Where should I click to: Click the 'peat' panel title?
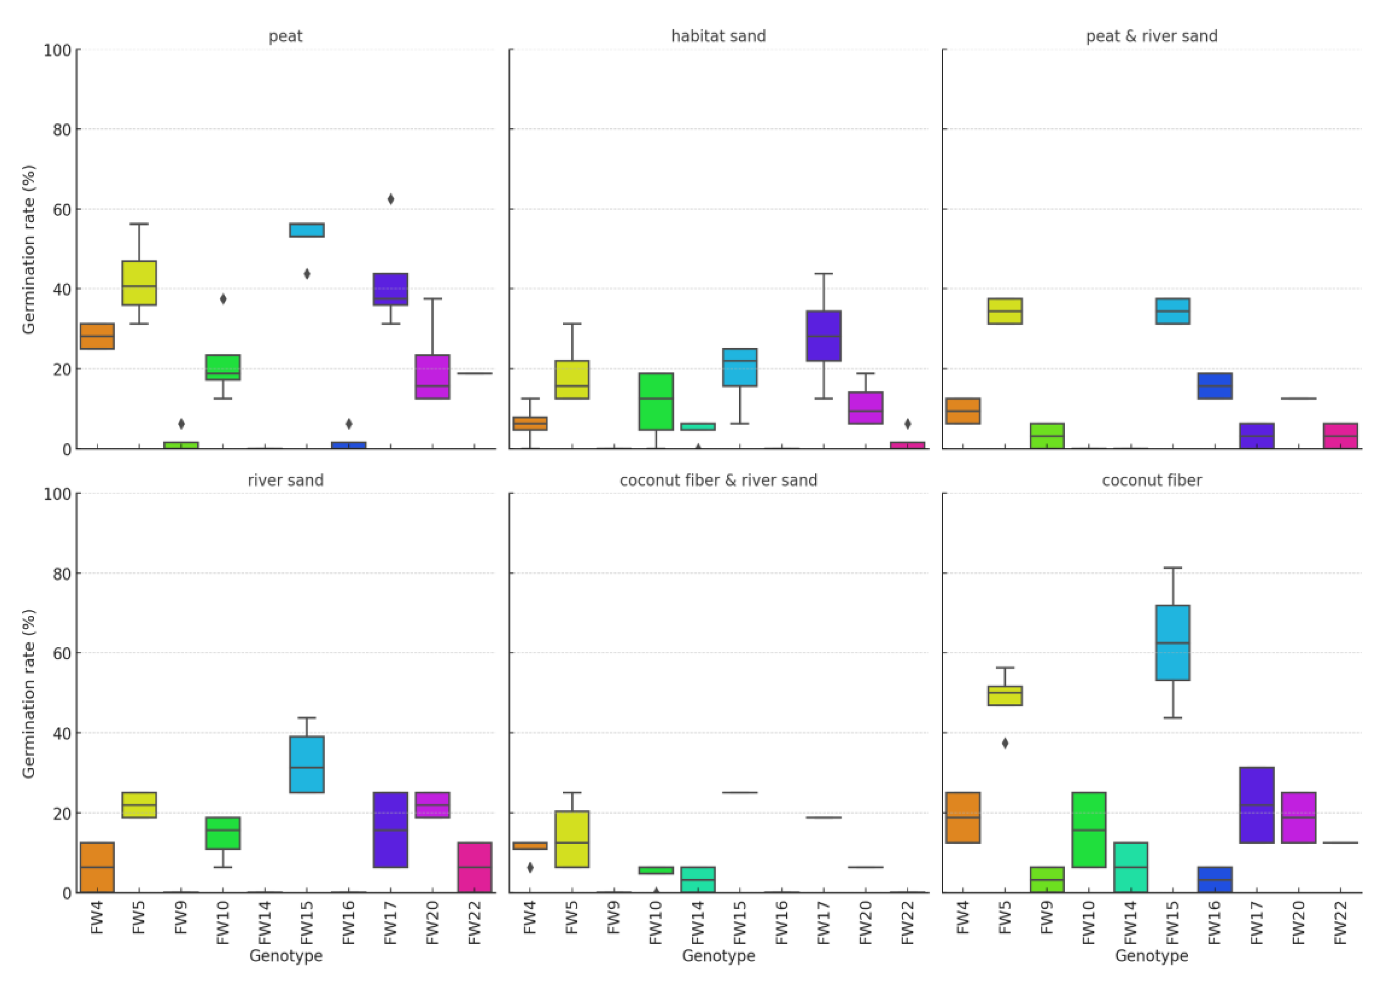click(x=285, y=37)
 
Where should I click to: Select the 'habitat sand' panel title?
click(x=718, y=37)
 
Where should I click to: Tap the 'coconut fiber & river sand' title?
click(x=718, y=480)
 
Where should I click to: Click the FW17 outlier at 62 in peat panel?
click(x=391, y=199)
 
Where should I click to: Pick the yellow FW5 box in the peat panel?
click(x=139, y=283)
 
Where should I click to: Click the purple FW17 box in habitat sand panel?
click(x=823, y=336)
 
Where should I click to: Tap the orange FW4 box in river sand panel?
click(x=97, y=867)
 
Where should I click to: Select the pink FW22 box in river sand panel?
click(x=474, y=867)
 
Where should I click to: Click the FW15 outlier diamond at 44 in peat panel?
click(x=307, y=274)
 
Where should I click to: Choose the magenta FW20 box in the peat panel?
click(x=432, y=376)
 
